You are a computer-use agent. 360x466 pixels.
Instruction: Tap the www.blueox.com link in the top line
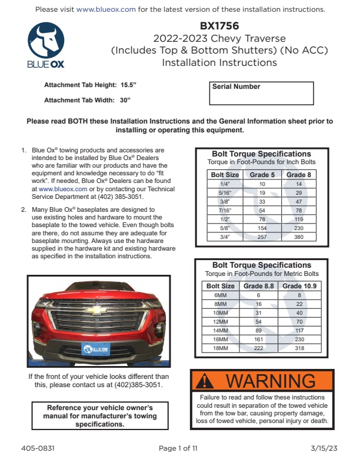coord(106,10)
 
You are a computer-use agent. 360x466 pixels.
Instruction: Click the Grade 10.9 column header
coord(299,286)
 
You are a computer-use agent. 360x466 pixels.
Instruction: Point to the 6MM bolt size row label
coord(220,295)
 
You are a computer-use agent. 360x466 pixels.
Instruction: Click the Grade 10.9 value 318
coord(299,348)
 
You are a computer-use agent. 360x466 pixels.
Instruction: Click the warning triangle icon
coord(205,381)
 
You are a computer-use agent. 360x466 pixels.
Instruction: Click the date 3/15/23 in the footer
coord(324,448)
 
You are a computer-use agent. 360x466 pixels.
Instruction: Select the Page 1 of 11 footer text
coord(178,448)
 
